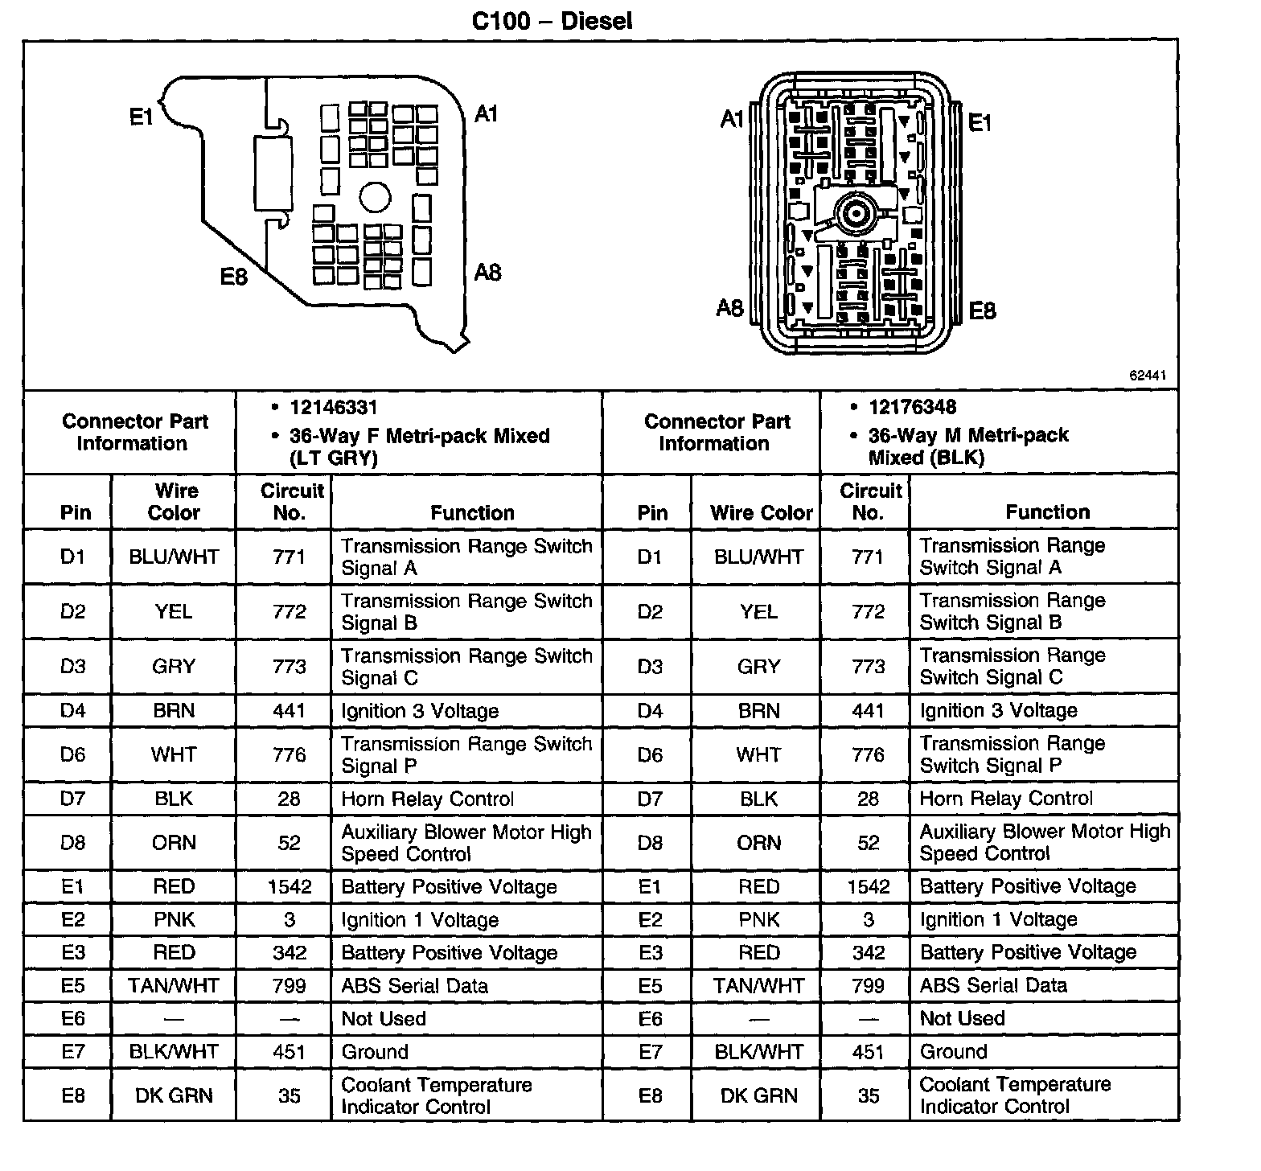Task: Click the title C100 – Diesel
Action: click(x=552, y=20)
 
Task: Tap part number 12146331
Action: click(x=334, y=408)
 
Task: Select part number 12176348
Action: click(x=913, y=407)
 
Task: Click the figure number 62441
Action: click(x=1148, y=376)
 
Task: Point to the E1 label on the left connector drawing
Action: click(x=142, y=117)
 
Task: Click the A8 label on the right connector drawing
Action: click(x=730, y=307)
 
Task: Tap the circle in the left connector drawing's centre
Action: click(x=374, y=197)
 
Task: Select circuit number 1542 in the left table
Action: click(x=290, y=886)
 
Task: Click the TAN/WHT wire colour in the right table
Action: click(x=758, y=985)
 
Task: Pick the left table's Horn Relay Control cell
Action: click(x=427, y=799)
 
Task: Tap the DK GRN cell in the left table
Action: click(x=174, y=1095)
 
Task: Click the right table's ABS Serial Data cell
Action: click(x=993, y=985)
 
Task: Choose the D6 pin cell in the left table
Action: click(x=72, y=754)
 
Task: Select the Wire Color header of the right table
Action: click(x=761, y=512)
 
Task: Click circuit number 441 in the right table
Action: click(x=868, y=710)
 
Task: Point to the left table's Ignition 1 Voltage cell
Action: click(x=420, y=919)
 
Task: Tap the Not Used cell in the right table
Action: click(x=962, y=1018)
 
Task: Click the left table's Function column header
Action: click(x=472, y=512)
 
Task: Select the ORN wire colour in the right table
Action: click(x=758, y=842)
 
